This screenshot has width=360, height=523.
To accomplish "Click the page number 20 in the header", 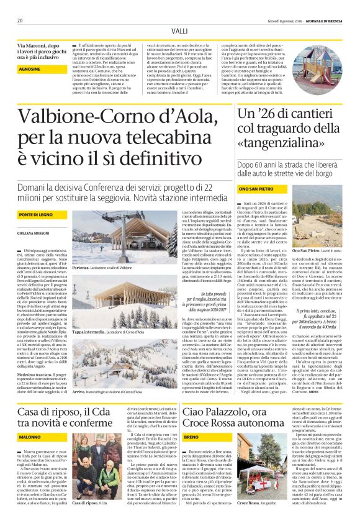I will pyautogui.click(x=20, y=20).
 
